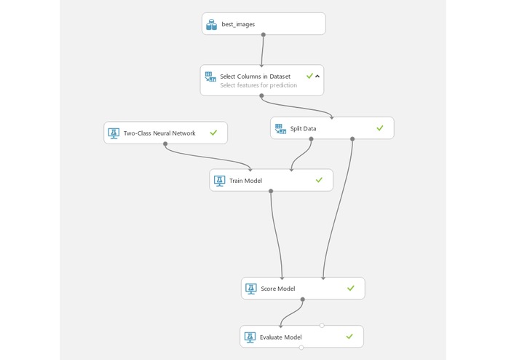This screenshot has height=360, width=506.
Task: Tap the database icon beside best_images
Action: pos(212,24)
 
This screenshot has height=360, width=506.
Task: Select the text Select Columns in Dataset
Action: pos(255,76)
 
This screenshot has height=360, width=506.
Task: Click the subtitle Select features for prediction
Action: pos(258,85)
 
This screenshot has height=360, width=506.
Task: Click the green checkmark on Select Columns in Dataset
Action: pos(309,76)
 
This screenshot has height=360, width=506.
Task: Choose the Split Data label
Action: pos(304,128)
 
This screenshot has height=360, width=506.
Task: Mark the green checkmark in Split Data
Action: pos(379,128)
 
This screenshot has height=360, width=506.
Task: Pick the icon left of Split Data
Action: pos(280,129)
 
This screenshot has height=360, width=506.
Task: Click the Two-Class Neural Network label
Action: pos(159,133)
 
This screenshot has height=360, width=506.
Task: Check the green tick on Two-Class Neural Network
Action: pos(213,133)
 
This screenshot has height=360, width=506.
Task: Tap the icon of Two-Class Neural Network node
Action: pos(114,133)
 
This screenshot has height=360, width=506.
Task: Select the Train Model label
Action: pos(245,181)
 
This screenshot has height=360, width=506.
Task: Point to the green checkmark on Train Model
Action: pos(318,180)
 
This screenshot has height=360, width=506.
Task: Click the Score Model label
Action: pos(277,289)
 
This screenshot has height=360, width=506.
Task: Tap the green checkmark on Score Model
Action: pos(350,289)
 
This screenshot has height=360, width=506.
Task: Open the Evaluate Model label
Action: pos(280,337)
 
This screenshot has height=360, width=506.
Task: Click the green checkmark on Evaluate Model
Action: pos(349,337)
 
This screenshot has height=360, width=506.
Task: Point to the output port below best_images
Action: pos(263,34)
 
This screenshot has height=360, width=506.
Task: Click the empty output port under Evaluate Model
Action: pos(301,348)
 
